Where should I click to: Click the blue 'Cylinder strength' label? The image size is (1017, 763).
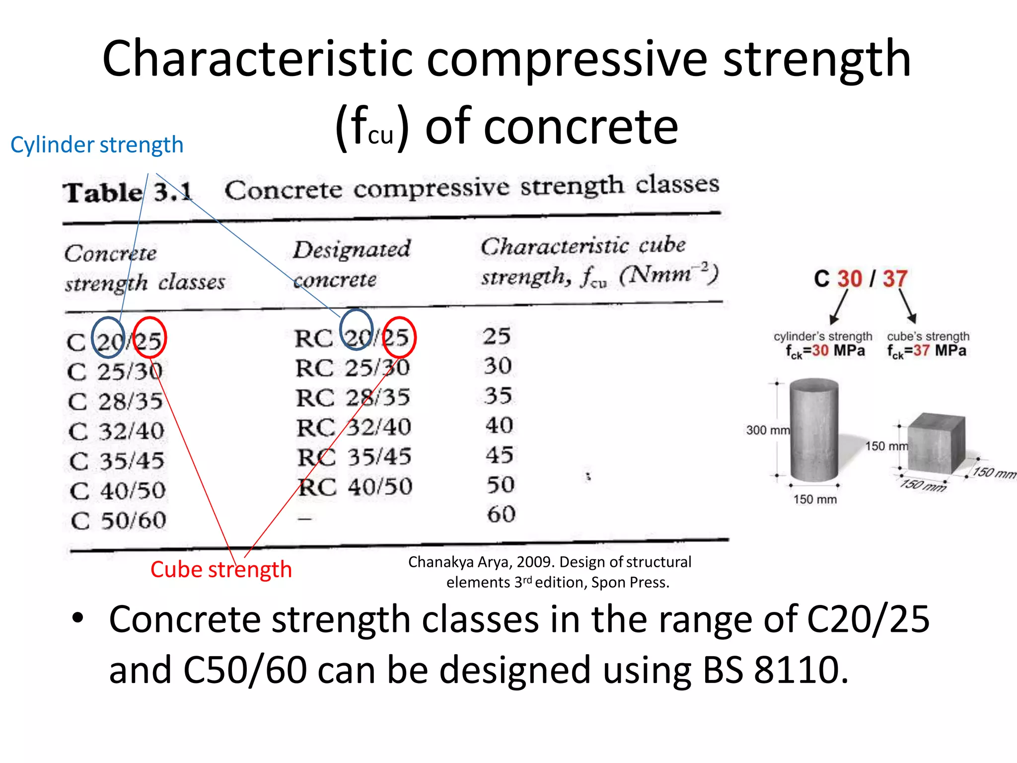[97, 145]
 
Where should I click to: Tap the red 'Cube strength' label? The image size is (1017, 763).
[221, 569]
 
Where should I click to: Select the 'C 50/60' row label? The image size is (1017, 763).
[118, 521]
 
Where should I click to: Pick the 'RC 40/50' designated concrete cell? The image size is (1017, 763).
[355, 487]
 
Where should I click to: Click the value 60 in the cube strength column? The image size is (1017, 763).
[501, 514]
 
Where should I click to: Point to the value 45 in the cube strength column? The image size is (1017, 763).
[499, 455]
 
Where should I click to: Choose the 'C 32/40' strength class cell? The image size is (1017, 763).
[117, 431]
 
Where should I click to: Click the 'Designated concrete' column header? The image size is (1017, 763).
[352, 264]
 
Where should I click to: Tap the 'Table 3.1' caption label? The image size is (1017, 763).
[127, 192]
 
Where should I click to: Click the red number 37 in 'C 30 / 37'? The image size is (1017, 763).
[895, 279]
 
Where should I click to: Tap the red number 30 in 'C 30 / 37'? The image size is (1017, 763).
[850, 279]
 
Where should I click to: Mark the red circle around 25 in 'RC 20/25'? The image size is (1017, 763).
[399, 337]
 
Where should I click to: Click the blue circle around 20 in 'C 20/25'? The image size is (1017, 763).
[108, 338]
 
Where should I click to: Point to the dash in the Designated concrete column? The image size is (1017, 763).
[304, 519]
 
